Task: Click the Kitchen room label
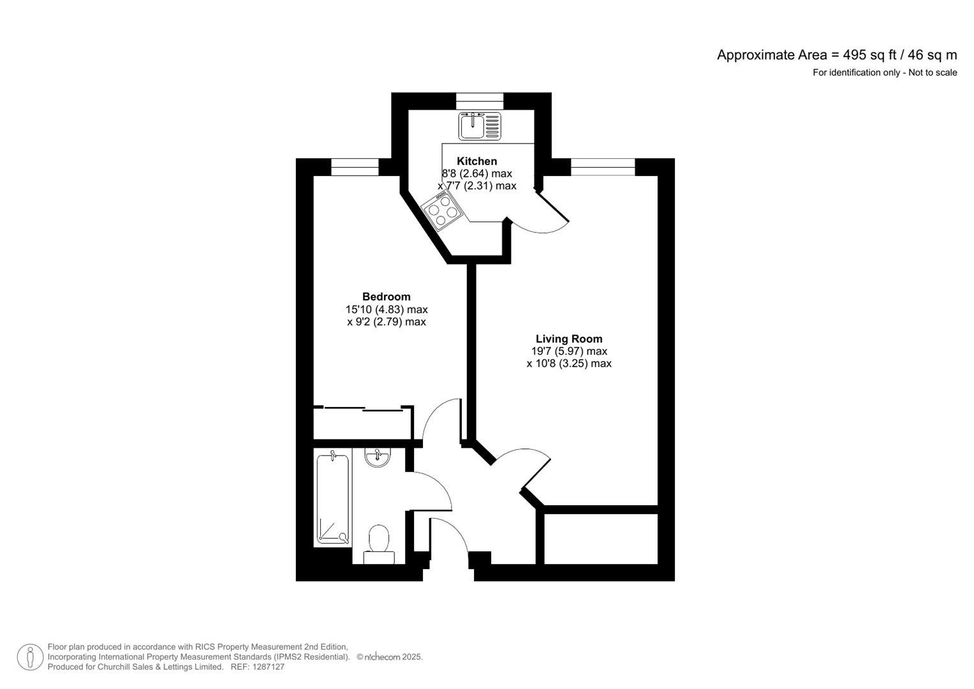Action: tap(476, 161)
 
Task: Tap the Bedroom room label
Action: tap(386, 297)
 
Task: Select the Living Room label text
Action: tap(568, 339)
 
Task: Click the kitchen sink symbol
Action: tap(479, 126)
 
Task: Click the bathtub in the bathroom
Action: tap(333, 498)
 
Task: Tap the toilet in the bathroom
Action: tap(379, 543)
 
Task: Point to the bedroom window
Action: tap(355, 167)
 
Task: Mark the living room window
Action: tap(603, 167)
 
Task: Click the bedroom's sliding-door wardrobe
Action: tap(362, 423)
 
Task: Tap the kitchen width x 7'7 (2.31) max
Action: tap(477, 186)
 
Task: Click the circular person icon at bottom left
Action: tap(30, 657)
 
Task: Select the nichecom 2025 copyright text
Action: tap(389, 657)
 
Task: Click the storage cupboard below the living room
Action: tap(600, 538)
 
